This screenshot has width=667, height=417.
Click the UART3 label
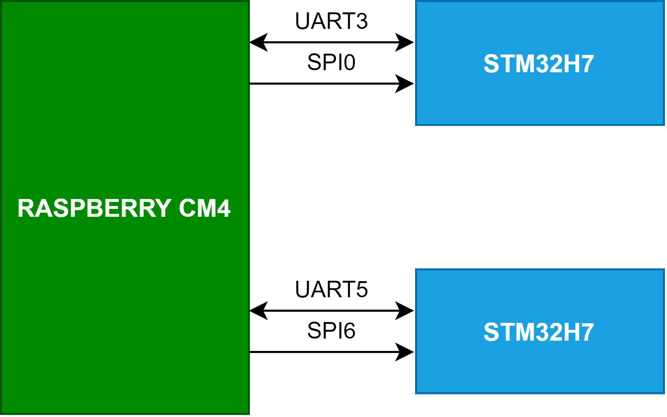331,21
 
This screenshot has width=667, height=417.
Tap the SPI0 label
331,63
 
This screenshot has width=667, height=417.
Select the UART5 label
331,290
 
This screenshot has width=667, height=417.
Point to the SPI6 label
331,331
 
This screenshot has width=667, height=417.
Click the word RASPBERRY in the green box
94,208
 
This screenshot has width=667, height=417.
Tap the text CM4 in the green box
205,208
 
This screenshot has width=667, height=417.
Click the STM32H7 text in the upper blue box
539,64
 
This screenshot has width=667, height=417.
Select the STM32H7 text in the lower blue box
539,332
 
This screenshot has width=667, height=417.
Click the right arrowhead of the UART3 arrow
405,42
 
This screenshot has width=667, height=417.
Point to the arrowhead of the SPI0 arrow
405,83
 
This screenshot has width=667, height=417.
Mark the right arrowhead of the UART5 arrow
405,310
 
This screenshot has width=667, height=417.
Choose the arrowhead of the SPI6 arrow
405,352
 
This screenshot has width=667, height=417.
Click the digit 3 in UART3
362,21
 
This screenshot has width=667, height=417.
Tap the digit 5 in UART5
362,290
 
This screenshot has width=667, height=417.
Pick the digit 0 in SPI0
349,63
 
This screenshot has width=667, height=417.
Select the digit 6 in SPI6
349,331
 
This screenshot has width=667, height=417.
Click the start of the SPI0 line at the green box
251,83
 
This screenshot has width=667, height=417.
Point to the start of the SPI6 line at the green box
251,352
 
